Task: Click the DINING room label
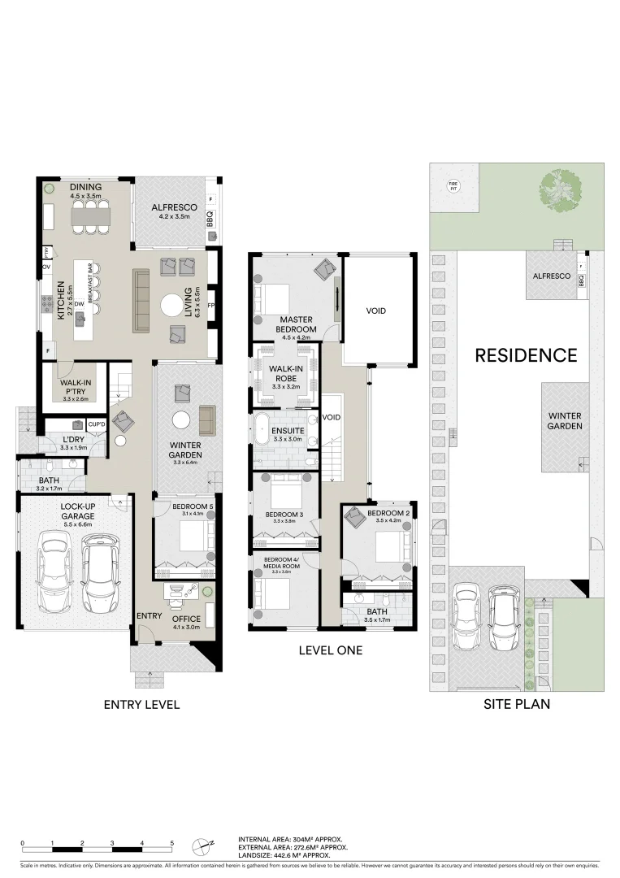pyautogui.click(x=85, y=187)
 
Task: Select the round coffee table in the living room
pyautogui.click(x=194, y=306)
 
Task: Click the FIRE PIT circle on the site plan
pyautogui.click(x=453, y=185)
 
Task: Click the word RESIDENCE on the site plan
pyautogui.click(x=526, y=355)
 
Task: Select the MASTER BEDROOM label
pyautogui.click(x=297, y=324)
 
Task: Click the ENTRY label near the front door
pyautogui.click(x=150, y=615)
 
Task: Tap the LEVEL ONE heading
pyautogui.click(x=330, y=650)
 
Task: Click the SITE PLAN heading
pyautogui.click(x=516, y=704)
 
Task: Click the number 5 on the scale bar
pyautogui.click(x=172, y=843)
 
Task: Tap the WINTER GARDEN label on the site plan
pyautogui.click(x=564, y=420)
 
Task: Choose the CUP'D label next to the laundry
pyautogui.click(x=97, y=424)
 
